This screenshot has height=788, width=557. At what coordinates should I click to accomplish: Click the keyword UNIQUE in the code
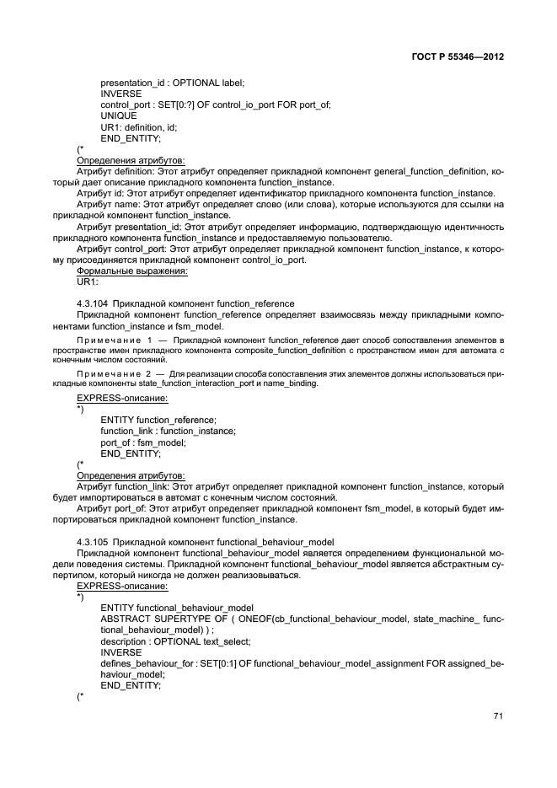(x=118, y=115)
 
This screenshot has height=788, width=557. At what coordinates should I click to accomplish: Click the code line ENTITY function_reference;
(x=158, y=420)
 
